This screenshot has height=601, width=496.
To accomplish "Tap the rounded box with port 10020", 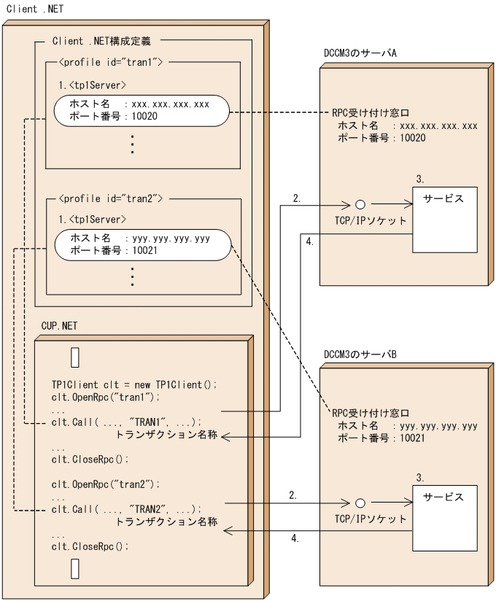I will tap(141, 110).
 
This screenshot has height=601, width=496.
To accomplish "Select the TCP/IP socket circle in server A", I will tap(360, 206).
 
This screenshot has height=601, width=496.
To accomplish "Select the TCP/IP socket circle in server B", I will tap(360, 503).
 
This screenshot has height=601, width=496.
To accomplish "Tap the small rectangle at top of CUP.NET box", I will tap(74, 357).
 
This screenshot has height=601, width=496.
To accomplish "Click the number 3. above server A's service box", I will tap(419, 179).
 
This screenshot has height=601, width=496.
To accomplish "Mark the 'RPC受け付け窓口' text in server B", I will tap(371, 413).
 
